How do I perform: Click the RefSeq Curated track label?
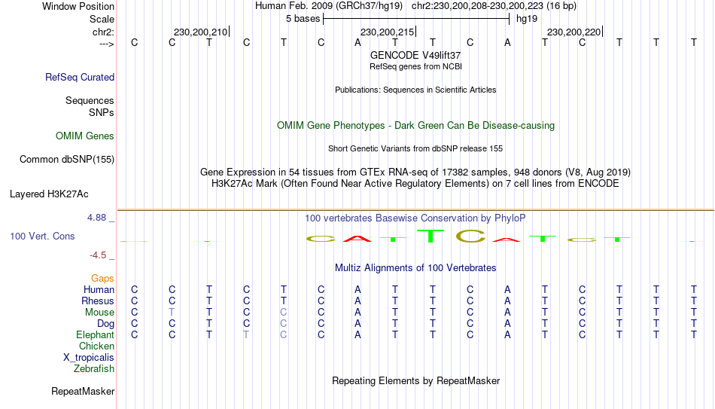(x=80, y=77)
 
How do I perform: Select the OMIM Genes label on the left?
(x=85, y=136)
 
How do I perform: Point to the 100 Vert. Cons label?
(x=42, y=237)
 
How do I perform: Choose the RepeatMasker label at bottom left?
(x=83, y=392)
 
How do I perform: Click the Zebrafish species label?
(x=94, y=369)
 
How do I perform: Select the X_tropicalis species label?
(x=89, y=358)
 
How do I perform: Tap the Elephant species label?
(x=95, y=335)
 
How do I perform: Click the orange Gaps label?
(x=102, y=279)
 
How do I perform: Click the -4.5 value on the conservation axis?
(x=101, y=255)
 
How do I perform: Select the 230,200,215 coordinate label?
(x=388, y=32)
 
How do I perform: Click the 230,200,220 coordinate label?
(x=574, y=32)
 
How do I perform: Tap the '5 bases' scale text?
(x=303, y=19)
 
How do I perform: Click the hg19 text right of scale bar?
(x=526, y=19)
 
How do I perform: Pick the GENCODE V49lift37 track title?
(x=415, y=55)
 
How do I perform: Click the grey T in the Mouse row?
(x=172, y=313)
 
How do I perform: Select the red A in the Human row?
(x=358, y=290)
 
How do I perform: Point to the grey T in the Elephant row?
(x=246, y=335)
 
